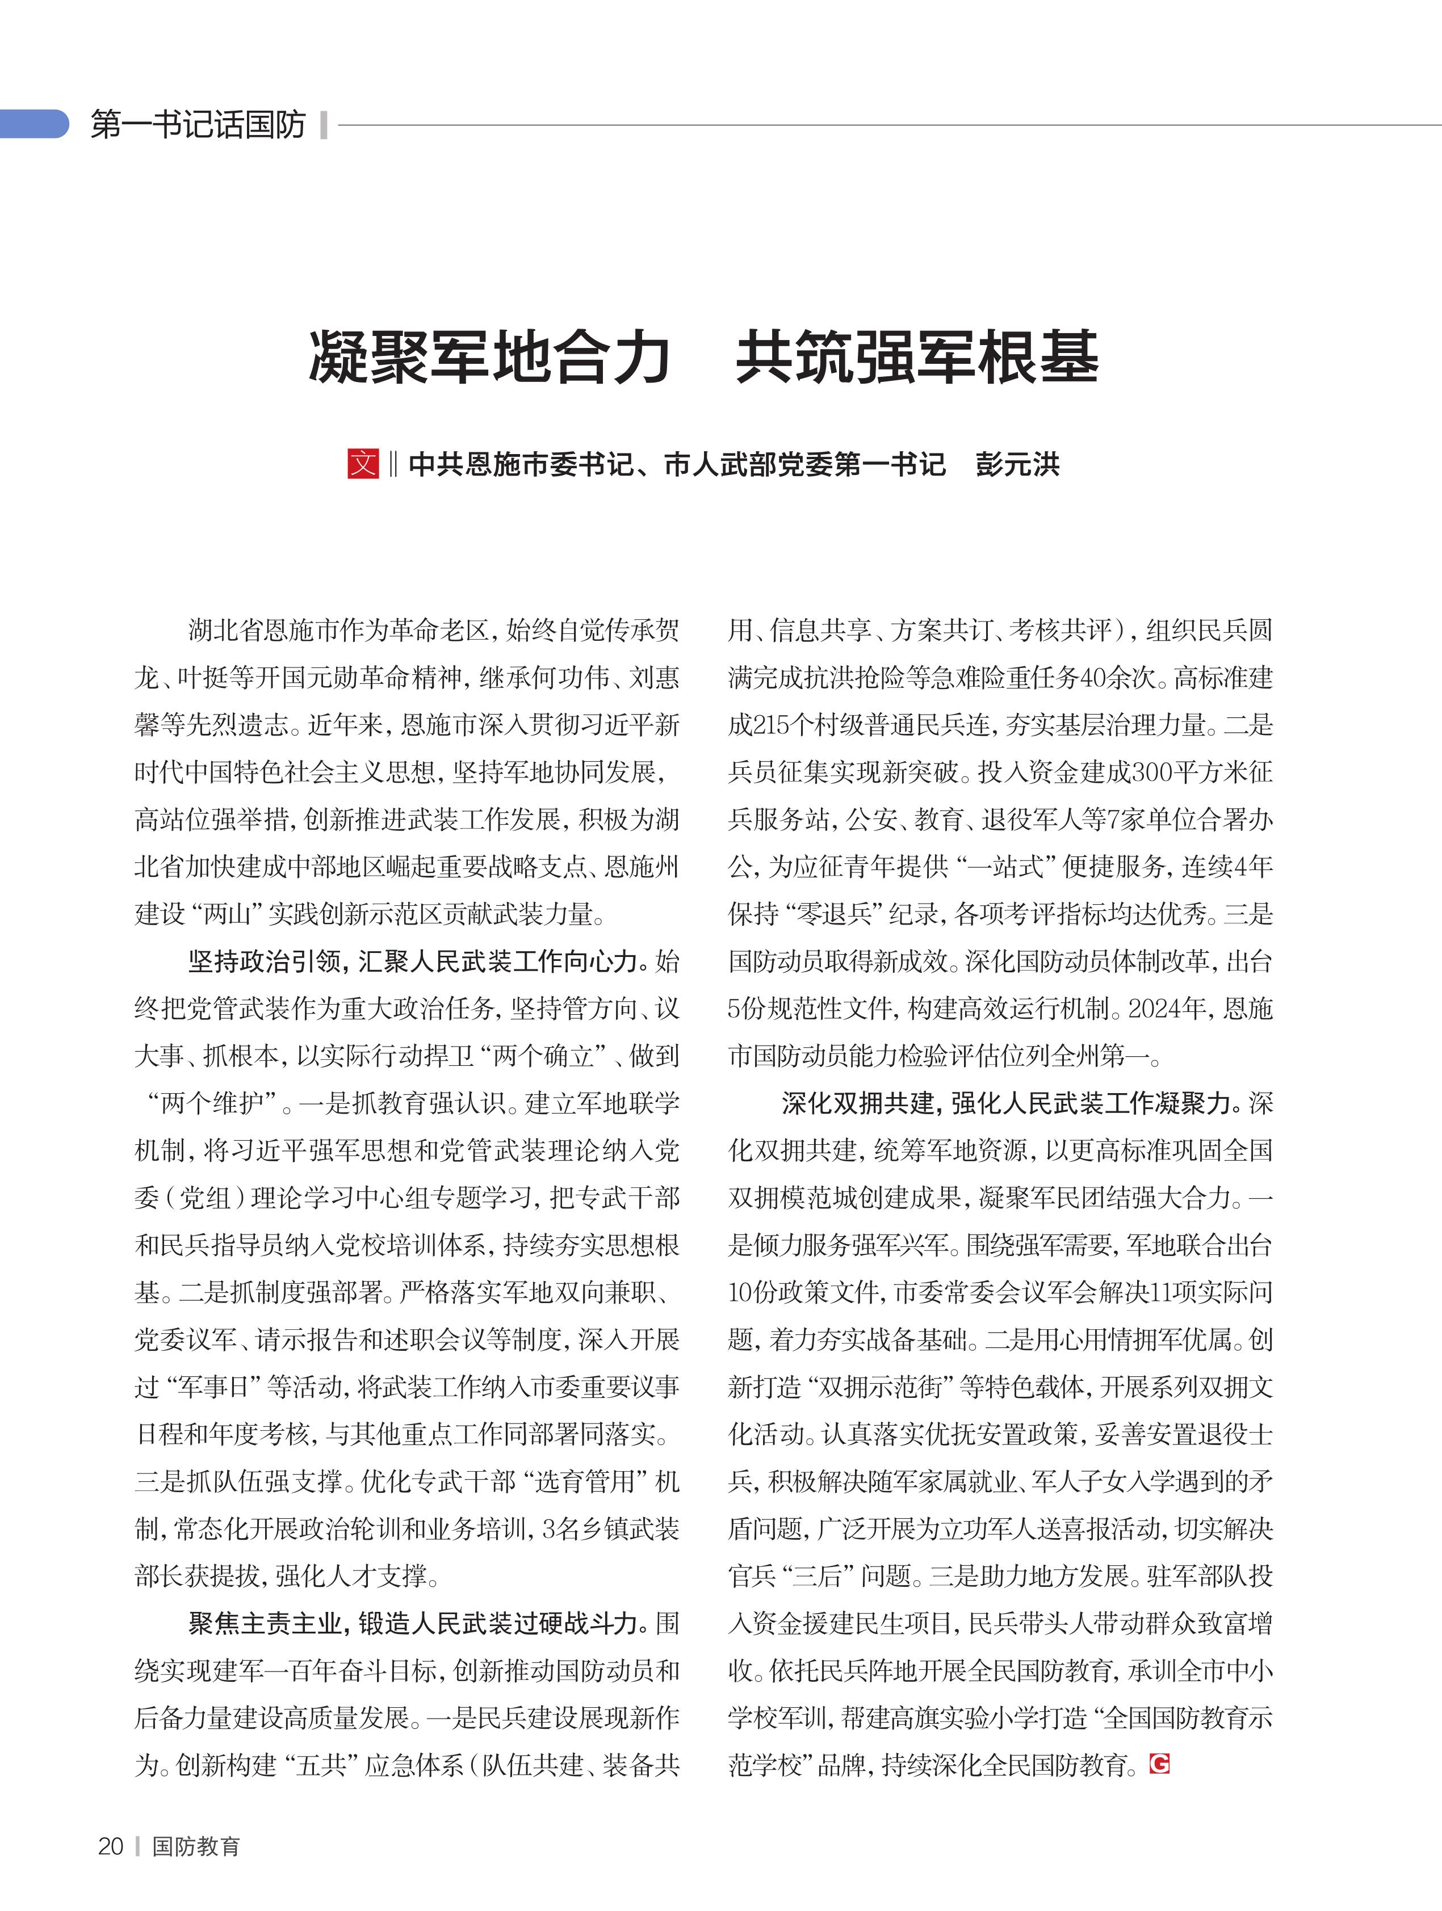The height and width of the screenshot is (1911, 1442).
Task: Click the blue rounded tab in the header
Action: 35,124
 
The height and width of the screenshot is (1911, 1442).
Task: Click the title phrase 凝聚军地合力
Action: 490,357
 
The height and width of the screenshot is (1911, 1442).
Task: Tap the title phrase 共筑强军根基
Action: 917,357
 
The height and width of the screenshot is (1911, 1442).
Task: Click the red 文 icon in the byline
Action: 363,464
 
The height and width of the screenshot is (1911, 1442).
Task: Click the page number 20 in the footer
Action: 111,1846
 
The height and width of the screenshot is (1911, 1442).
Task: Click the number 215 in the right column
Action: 772,725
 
